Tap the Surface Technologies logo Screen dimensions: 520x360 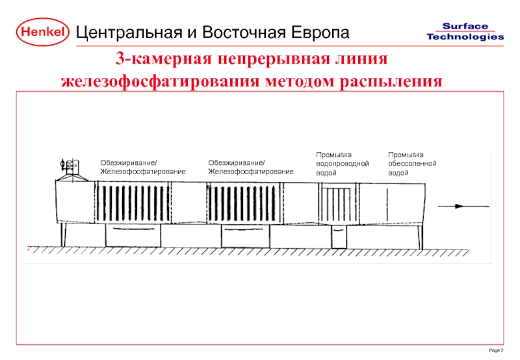465,31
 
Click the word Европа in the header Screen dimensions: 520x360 314,32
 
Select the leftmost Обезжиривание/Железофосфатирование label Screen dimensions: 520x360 142,167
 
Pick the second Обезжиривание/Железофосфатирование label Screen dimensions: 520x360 250,167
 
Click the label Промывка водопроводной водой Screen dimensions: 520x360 342,164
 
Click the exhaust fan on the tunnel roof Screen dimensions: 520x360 69,168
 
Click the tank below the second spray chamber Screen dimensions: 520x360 244,237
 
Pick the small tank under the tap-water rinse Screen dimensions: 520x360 339,238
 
